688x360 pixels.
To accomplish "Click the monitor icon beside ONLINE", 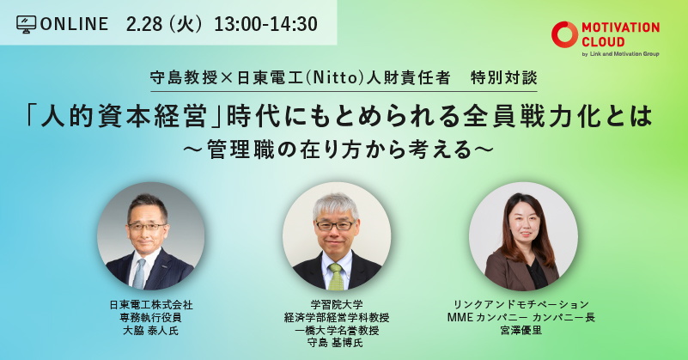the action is (x=27, y=25).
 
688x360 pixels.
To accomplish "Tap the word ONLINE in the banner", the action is (x=74, y=24).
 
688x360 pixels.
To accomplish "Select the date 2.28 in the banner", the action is (x=144, y=24).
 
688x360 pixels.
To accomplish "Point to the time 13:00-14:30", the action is (x=266, y=24).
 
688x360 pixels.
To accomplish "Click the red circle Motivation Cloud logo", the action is (x=564, y=34).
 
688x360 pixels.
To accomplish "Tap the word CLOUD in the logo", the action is (x=603, y=42).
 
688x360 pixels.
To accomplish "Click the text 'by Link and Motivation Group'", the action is (x=620, y=54).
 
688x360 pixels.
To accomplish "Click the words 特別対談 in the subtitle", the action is (x=503, y=77).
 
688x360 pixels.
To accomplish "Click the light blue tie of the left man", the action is (x=139, y=273).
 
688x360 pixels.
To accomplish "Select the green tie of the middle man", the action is (x=336, y=277).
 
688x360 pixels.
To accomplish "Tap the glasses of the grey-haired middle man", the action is (x=335, y=226).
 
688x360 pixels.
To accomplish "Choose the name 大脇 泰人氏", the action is (x=150, y=331).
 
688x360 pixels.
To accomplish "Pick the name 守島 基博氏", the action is (x=336, y=343).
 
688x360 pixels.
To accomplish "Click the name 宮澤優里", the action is (x=521, y=330).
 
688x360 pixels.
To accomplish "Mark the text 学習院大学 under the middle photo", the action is (x=337, y=304).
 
